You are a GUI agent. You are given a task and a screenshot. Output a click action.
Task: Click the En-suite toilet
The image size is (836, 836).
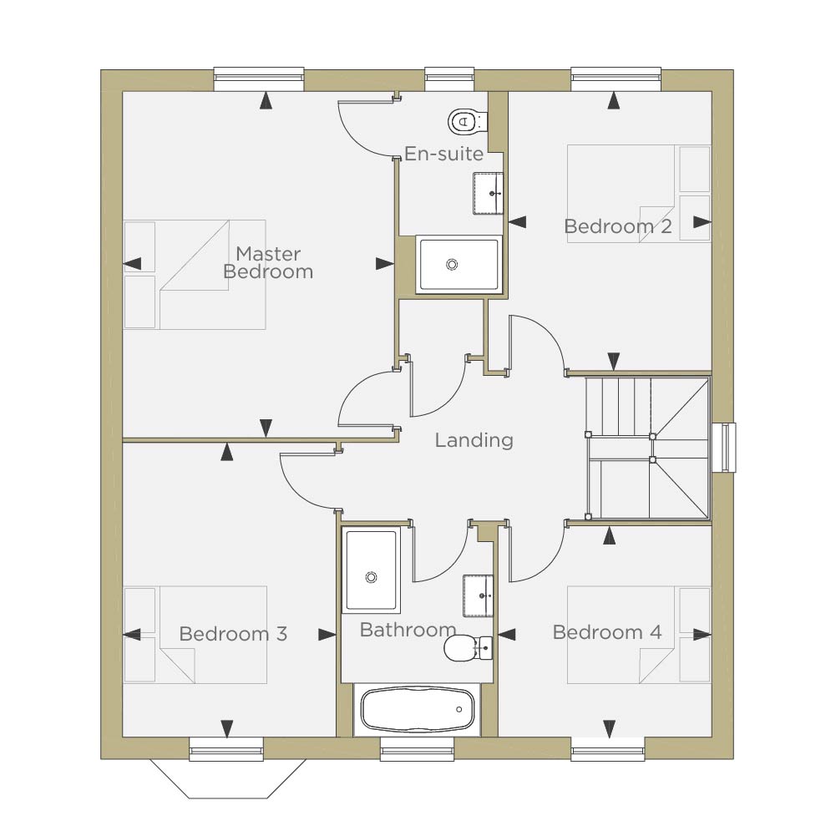tap(467, 122)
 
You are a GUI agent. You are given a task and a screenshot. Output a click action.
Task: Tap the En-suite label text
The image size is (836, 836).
tap(444, 154)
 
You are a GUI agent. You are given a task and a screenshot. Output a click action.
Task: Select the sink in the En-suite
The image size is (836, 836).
tap(488, 193)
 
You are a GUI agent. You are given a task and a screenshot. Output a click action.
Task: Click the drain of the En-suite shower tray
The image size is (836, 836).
tap(452, 264)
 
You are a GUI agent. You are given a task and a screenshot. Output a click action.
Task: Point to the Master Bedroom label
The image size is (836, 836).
tap(267, 262)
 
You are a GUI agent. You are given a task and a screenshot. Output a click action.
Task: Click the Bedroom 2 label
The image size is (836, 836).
tap(618, 226)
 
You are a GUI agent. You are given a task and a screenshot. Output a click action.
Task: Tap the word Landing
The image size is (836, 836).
tap(474, 440)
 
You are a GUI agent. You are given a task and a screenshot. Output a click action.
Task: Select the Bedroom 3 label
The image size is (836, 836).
tap(233, 633)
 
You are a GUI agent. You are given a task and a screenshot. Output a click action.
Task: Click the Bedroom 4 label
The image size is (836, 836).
tap(607, 632)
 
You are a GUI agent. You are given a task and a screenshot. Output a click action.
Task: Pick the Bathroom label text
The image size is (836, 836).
tap(408, 630)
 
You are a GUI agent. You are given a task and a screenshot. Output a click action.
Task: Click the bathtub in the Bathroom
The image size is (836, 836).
tap(417, 710)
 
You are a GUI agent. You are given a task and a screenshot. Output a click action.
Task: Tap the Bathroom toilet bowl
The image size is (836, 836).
tap(458, 648)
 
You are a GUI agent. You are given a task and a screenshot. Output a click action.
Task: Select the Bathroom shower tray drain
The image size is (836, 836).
tap(371, 577)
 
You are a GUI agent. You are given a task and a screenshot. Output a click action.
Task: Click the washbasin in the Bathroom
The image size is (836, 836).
tap(478, 595)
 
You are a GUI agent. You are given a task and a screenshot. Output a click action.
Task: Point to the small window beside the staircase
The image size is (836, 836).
tap(725, 448)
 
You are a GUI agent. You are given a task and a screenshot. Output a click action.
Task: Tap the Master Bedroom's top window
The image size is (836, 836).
tap(259, 79)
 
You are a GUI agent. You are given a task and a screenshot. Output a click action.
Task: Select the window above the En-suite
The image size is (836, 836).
tap(449, 79)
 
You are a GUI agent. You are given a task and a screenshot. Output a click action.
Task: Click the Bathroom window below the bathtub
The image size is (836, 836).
tap(417, 749)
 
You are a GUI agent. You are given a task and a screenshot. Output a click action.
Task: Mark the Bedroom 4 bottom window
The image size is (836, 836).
tap(607, 749)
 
